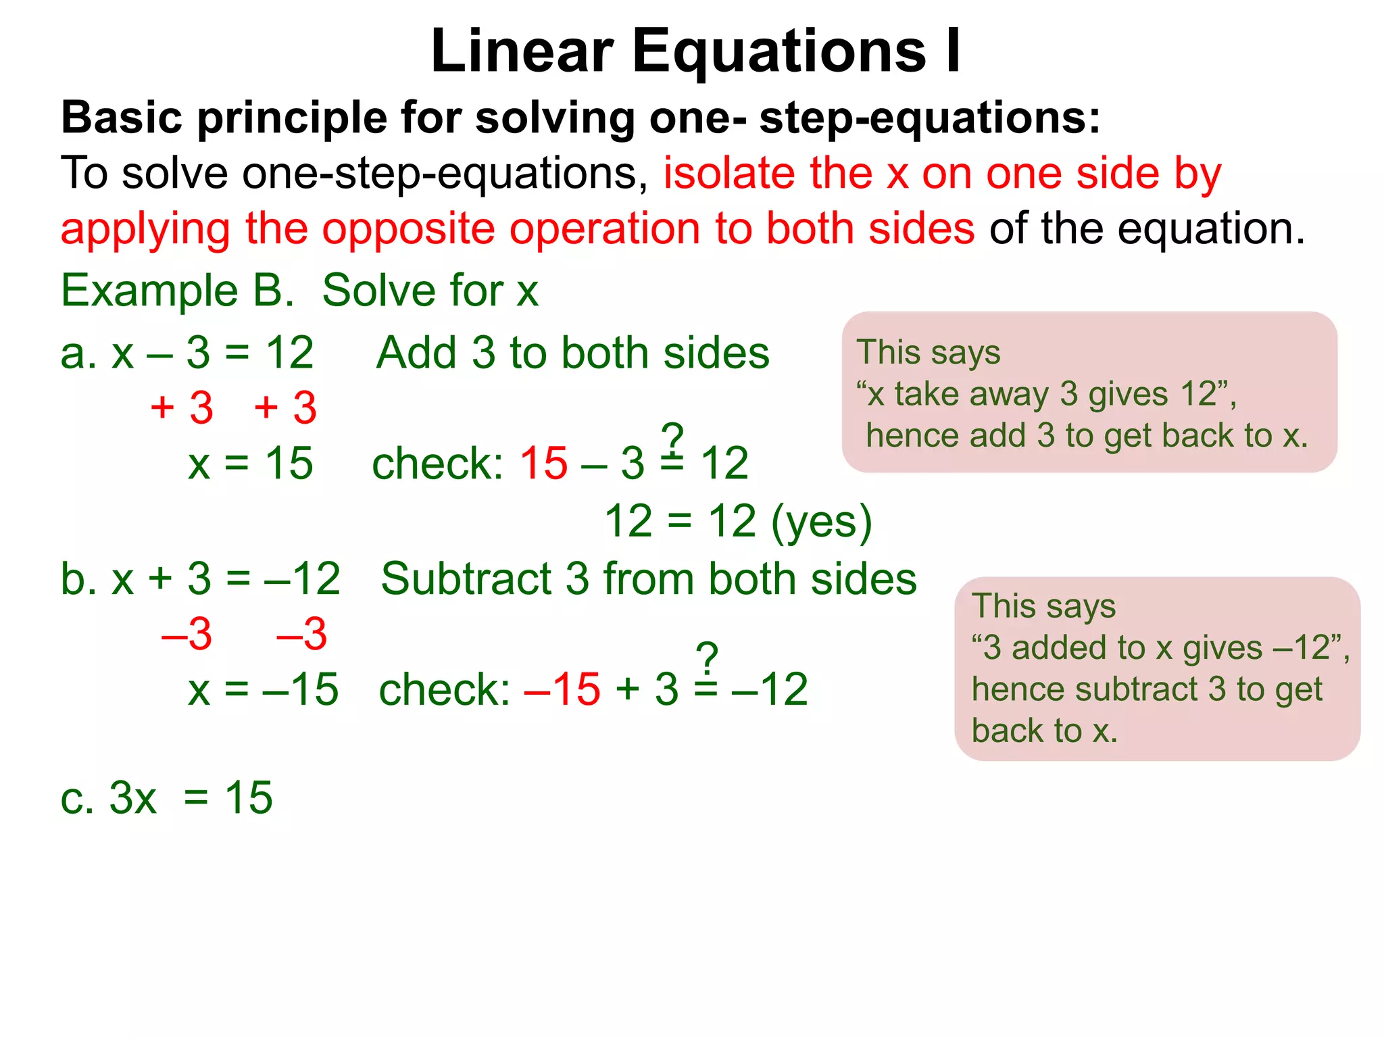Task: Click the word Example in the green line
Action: [149, 291]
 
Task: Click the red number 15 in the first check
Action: [543, 464]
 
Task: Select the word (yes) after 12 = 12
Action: [822, 522]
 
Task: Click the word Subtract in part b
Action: [466, 579]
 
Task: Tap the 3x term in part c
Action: [132, 798]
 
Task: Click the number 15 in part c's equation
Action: [249, 798]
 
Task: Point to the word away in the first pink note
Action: [1008, 394]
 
